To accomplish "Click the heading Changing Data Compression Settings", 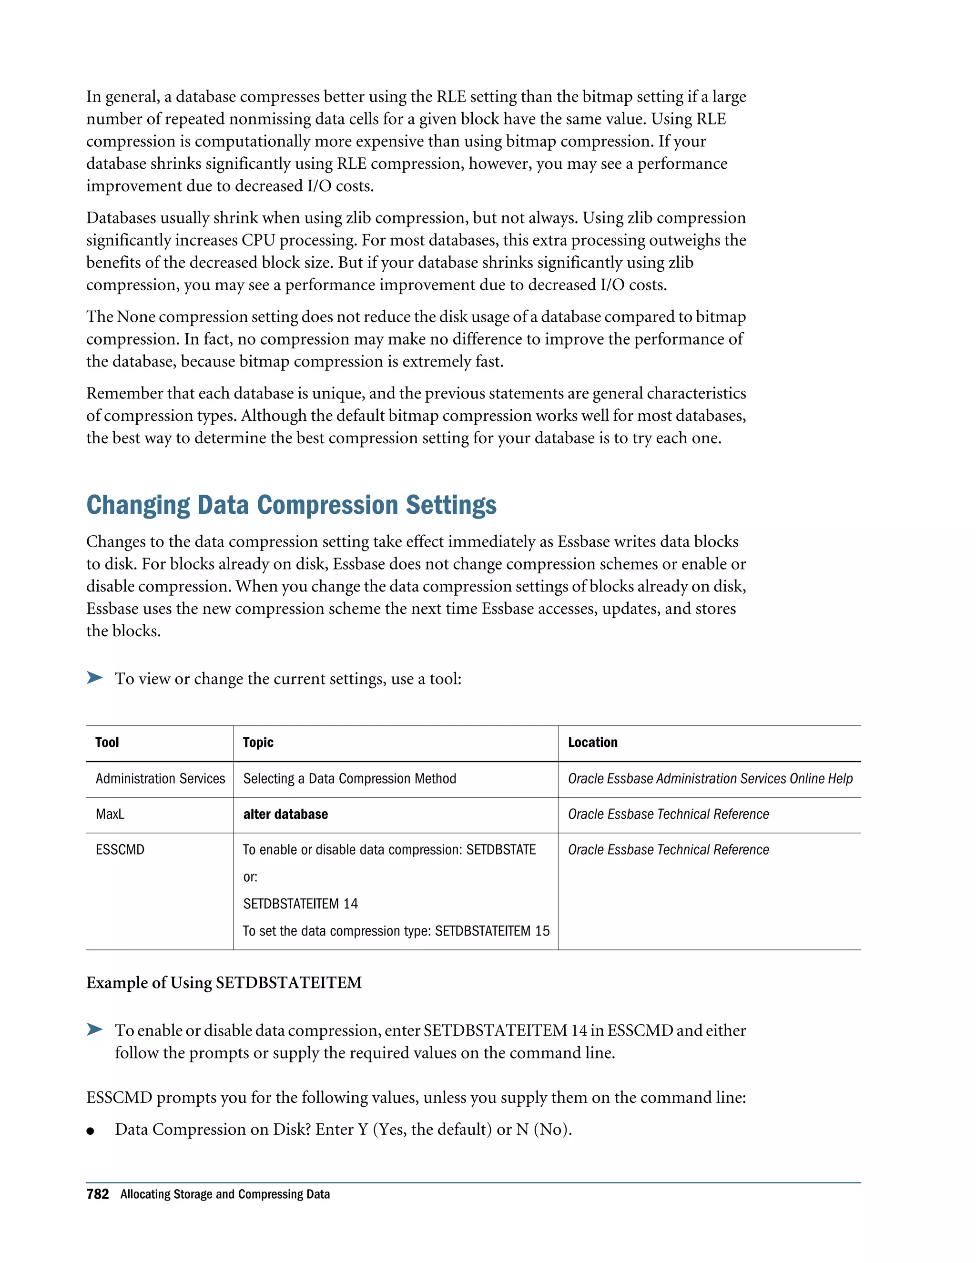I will point(291,505).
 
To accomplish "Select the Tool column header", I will point(107,743).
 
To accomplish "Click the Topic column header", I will point(258,743).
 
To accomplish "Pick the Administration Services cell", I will point(160,779).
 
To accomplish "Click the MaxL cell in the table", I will point(110,814).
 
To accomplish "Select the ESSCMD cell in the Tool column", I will point(120,849).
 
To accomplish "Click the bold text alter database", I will point(285,814).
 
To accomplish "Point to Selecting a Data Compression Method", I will point(349,779).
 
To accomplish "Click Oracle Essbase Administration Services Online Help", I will point(710,779).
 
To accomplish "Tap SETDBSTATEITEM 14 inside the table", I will point(300,904).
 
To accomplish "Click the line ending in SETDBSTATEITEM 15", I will point(396,931).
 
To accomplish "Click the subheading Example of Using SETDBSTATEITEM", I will point(224,983).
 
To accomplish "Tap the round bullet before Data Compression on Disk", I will point(90,1131).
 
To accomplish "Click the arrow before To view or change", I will point(94,678).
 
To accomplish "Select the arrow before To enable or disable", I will point(94,1029).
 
